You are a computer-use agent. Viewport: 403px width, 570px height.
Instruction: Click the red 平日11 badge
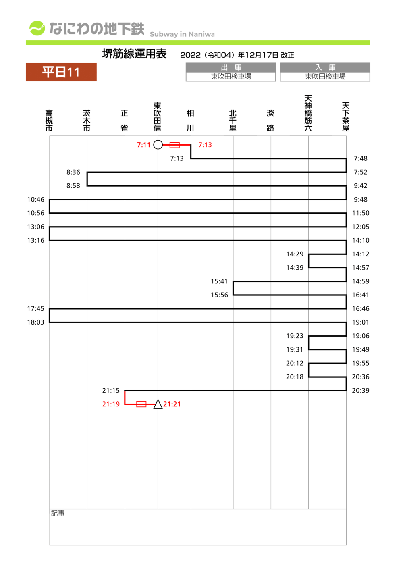pos(61,72)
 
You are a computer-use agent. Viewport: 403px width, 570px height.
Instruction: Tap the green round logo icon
pos(37,28)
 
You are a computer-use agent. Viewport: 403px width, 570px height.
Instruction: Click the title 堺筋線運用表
pos(134,54)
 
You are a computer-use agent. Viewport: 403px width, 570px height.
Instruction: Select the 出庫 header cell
pos(231,67)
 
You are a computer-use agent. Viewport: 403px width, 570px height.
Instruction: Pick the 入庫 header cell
pos(325,67)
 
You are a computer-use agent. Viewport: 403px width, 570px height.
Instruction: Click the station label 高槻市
pos(49,121)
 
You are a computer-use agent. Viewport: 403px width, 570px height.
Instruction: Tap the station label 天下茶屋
pos(346,117)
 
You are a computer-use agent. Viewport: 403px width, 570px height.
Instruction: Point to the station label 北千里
pos(233,121)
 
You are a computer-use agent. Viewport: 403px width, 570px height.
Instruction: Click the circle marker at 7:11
pos(158,145)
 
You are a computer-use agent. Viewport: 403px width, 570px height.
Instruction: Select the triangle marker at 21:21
pos(158,404)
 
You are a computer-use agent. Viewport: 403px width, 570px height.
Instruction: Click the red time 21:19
pos(111,404)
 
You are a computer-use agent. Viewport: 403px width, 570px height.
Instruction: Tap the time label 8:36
pos(73,172)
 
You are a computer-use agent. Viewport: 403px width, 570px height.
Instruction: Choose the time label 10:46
pos(35,200)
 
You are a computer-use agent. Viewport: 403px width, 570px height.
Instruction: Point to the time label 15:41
pos(219,281)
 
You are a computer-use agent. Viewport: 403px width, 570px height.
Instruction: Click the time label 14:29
pos(295,254)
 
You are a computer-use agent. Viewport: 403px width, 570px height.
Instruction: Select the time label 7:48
pos(361,158)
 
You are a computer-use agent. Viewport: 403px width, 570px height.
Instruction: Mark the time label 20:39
pos(361,391)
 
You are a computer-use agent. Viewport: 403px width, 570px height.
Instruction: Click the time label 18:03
pos(35,322)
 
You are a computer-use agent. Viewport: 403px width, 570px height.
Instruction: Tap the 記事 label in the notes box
pos(58,513)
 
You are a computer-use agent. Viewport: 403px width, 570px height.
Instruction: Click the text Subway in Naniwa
pos(182,34)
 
